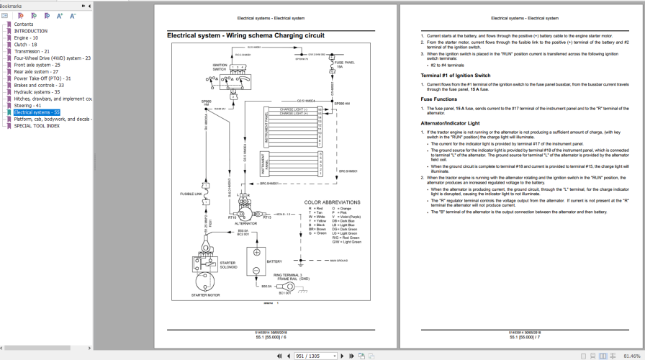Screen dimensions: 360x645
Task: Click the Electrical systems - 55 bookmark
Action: pos(37,112)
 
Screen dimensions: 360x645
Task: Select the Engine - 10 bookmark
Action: pos(26,38)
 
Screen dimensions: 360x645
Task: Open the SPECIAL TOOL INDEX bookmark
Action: pos(37,126)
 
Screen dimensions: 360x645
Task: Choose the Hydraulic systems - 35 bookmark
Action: pos(37,92)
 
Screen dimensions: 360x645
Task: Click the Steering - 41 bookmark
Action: pos(27,106)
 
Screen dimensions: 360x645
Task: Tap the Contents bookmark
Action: pos(24,24)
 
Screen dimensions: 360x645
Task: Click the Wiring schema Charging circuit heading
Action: pos(245,35)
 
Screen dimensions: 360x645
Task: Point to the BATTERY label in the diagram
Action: pos(274,261)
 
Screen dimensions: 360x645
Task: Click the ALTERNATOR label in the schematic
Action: pos(245,223)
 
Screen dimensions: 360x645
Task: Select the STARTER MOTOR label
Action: pos(205,295)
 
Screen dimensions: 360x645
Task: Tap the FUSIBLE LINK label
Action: pos(191,194)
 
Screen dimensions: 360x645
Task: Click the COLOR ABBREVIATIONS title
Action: pos(332,202)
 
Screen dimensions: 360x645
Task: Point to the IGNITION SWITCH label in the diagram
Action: pos(220,68)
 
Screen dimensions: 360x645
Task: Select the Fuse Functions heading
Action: pos(438,99)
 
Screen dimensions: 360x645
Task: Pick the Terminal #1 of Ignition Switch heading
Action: pos(455,76)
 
